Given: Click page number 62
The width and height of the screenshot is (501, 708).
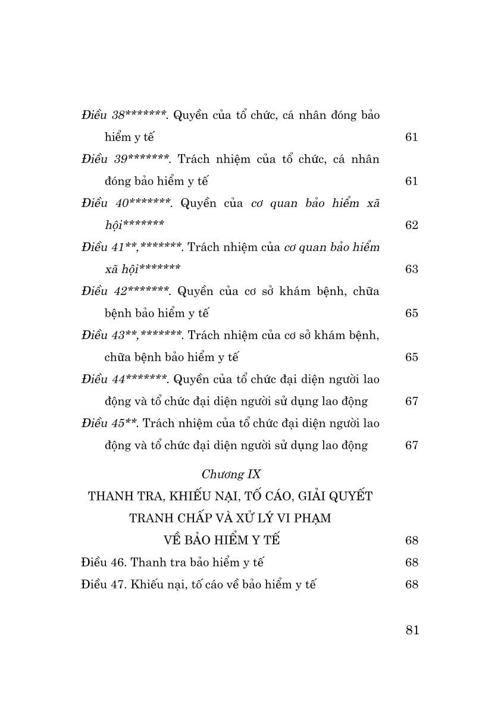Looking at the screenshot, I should pyautogui.click(x=412, y=225).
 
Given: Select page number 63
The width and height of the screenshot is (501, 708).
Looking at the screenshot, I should pyautogui.click(x=412, y=269).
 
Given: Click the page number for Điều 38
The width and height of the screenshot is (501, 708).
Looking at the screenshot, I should pyautogui.click(x=412, y=137).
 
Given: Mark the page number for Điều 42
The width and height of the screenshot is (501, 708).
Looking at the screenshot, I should pyautogui.click(x=412, y=313).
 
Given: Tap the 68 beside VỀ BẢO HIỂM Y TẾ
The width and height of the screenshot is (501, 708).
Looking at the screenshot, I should pyautogui.click(x=412, y=540).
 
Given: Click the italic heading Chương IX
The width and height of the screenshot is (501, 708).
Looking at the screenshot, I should pyautogui.click(x=231, y=475).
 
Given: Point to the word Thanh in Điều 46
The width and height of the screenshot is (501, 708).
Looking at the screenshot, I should pyautogui.click(x=149, y=562).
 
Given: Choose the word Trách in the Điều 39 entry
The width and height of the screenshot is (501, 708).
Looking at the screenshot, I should pyautogui.click(x=196, y=159).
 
